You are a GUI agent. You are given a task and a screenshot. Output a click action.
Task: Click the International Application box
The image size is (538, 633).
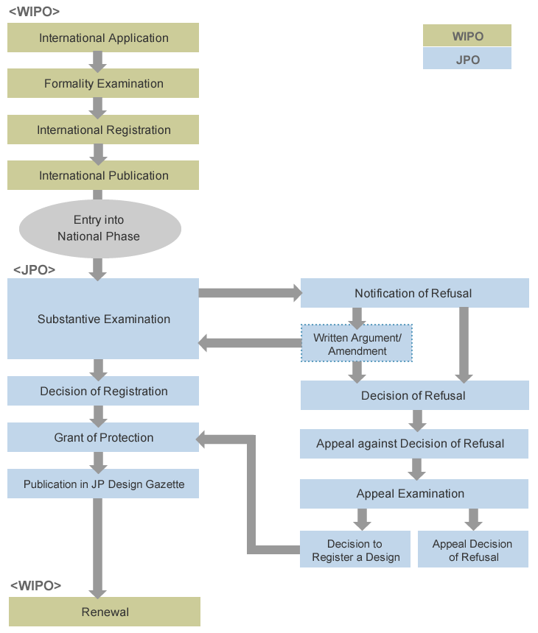click(x=103, y=38)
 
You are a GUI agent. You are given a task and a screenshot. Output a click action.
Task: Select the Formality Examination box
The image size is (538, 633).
click(x=103, y=83)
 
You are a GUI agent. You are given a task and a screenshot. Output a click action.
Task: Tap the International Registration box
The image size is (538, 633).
click(x=103, y=130)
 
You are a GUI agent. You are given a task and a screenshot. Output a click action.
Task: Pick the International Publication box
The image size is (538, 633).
click(x=103, y=175)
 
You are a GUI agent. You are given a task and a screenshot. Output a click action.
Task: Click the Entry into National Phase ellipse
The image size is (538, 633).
click(x=99, y=228)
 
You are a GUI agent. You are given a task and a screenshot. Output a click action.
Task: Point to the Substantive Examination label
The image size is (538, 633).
click(x=104, y=319)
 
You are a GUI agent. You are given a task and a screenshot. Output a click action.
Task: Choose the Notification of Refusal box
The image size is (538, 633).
click(x=415, y=293)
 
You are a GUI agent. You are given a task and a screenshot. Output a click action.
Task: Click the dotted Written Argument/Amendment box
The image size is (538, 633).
click(x=357, y=343)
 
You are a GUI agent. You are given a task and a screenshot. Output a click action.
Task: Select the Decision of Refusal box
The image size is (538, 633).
click(x=415, y=395)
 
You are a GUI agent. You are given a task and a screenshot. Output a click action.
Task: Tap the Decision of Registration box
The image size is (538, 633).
click(x=103, y=391)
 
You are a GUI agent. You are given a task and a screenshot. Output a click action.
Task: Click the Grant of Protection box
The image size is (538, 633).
click(x=103, y=437)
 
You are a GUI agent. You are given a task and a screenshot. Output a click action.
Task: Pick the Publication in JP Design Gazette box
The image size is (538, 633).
click(x=103, y=484)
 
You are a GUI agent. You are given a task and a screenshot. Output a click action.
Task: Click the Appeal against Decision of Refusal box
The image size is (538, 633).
click(x=414, y=444)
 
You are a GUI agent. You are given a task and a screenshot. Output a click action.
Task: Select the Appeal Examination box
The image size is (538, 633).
click(x=414, y=494)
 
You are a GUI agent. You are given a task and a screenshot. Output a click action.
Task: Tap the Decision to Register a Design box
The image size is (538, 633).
click(x=355, y=549)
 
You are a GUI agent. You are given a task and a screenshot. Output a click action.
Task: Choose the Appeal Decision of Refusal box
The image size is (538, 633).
click(x=473, y=549)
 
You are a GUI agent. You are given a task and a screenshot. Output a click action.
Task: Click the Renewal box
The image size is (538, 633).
click(x=105, y=612)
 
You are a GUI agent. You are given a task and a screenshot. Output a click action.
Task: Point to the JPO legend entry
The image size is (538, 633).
click(x=467, y=59)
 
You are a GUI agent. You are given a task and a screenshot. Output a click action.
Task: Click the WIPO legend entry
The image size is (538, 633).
click(x=467, y=35)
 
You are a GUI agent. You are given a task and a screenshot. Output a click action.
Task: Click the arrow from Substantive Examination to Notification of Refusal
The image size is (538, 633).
click(x=250, y=293)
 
